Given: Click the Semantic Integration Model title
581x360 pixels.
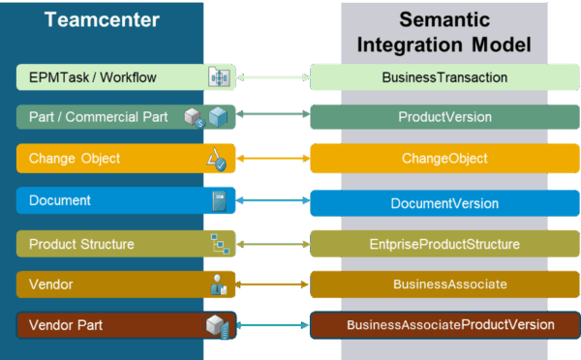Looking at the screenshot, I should (x=443, y=31).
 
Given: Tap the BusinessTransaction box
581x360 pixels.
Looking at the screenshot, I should (x=444, y=76).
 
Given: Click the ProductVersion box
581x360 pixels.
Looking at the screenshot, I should (x=444, y=117).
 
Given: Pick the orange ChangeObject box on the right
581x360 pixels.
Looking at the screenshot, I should (x=444, y=159).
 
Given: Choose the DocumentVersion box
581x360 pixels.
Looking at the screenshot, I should (x=444, y=202).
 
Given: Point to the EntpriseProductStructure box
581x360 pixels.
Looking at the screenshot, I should (x=444, y=244).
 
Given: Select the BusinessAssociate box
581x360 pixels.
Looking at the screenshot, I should (x=444, y=285).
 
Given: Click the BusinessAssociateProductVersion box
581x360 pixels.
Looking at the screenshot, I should (x=444, y=325).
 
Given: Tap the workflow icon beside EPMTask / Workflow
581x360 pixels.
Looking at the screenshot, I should (x=219, y=76).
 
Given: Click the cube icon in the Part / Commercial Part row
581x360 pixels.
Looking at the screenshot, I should (x=218, y=117).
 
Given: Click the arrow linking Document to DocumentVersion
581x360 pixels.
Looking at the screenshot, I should (x=274, y=201).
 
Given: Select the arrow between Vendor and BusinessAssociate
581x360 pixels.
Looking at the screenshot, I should (x=274, y=285).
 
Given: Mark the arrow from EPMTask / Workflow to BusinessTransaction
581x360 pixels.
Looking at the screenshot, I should (x=274, y=76).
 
